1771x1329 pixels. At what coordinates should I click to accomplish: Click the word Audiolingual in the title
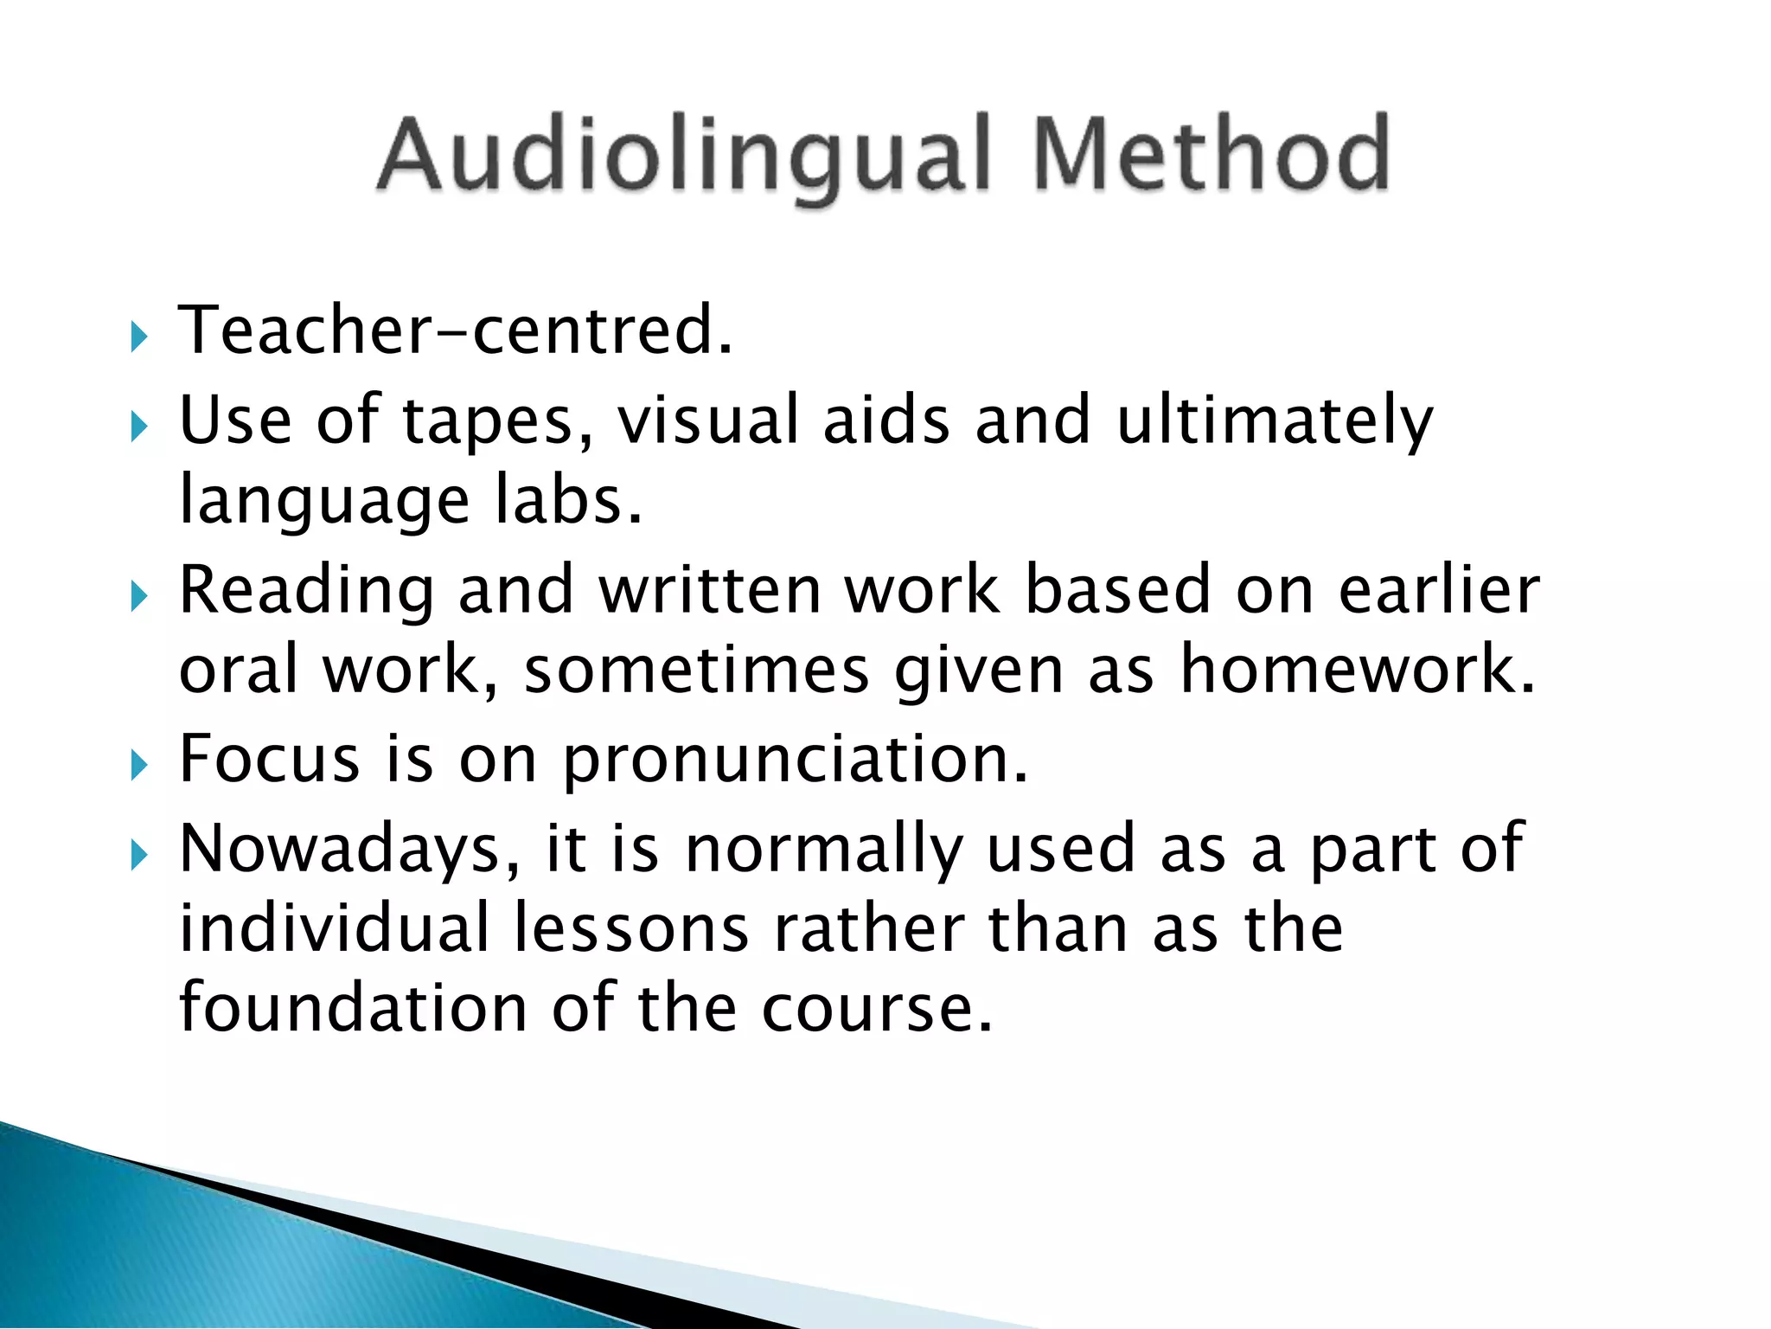point(683,156)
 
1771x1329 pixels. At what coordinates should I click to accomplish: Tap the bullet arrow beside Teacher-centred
point(139,336)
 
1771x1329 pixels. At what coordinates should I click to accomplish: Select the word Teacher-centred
point(455,331)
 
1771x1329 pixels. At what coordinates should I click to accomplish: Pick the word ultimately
point(1275,422)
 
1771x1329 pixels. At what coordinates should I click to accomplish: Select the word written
point(710,590)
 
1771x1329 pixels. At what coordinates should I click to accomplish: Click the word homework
point(1358,670)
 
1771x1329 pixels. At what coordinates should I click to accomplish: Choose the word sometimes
point(696,671)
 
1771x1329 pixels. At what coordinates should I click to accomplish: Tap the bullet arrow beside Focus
point(139,765)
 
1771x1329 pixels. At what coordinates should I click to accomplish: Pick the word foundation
point(353,1008)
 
